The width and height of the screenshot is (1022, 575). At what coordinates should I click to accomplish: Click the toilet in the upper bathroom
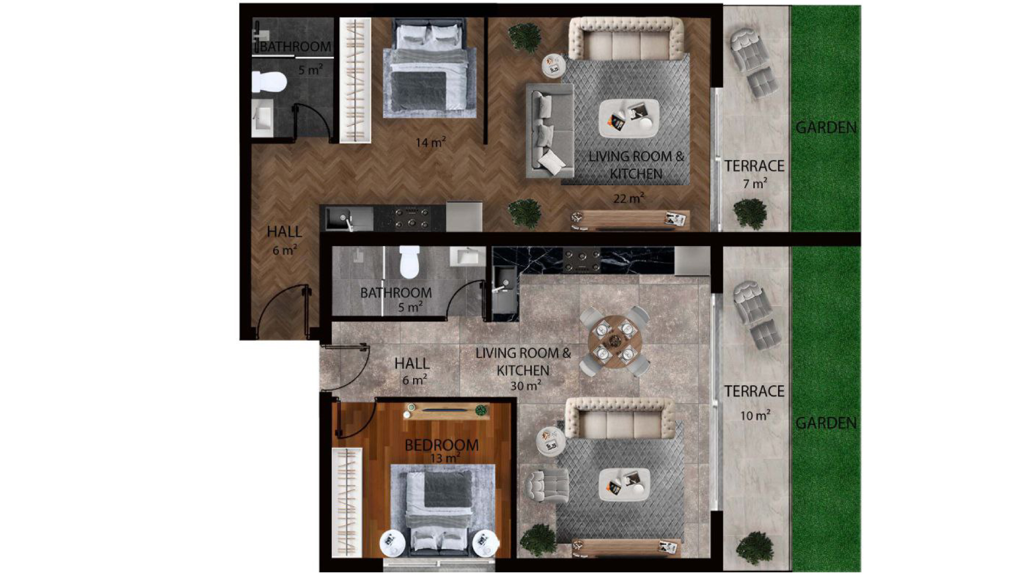click(x=269, y=81)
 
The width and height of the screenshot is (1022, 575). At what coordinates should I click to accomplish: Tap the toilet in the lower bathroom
click(x=409, y=261)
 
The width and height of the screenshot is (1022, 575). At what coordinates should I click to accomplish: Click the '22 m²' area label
click(x=629, y=198)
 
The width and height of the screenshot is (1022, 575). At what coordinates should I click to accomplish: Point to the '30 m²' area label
click(x=526, y=385)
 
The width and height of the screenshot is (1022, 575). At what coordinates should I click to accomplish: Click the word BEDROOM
click(x=441, y=445)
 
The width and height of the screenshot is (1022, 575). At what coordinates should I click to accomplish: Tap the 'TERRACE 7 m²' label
click(x=754, y=174)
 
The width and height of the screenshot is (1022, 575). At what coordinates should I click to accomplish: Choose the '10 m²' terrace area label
click(x=755, y=415)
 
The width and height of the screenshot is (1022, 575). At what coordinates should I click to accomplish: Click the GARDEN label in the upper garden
click(x=826, y=128)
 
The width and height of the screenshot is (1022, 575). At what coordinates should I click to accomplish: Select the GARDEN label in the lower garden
click(x=826, y=423)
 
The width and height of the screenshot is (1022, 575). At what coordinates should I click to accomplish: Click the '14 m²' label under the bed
click(x=431, y=142)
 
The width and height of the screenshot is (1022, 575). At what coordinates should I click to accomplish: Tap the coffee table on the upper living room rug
click(x=629, y=118)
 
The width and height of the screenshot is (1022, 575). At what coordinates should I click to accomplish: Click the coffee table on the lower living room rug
click(x=624, y=484)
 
